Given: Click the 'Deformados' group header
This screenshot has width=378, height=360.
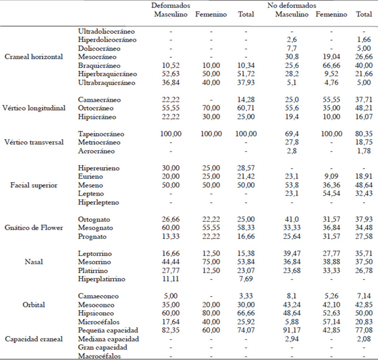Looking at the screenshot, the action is point(171,6).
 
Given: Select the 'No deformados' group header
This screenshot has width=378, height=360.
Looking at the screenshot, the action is point(292,6).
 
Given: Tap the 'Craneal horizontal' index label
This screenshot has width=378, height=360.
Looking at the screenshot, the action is point(34,57).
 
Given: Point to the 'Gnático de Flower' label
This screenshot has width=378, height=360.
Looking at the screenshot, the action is point(34,228).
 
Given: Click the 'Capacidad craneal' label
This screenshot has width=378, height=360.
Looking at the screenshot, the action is point(34,339).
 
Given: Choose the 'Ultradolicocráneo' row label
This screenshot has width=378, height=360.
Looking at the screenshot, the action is point(106,31).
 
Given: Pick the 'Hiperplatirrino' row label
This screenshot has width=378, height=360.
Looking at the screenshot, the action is point(102,279).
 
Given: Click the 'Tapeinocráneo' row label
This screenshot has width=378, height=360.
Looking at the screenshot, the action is point(101,134).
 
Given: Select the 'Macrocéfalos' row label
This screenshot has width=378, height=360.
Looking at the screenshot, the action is point(99,356).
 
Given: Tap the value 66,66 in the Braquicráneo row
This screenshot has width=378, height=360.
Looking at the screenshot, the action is point(331,66).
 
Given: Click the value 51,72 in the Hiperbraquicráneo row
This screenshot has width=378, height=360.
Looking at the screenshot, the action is point(246,74).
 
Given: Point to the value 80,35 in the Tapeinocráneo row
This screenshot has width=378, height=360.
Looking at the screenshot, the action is point(364,134).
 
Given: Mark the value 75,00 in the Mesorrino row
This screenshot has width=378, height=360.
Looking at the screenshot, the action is point(211,262).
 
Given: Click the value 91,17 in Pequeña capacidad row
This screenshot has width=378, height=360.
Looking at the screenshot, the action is point(292,330).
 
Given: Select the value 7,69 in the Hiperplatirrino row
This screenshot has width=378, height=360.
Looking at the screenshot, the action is point(246,279).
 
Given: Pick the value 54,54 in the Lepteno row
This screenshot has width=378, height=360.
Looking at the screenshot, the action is point(331,194).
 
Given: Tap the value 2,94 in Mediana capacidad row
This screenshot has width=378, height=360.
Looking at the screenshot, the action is point(292,339).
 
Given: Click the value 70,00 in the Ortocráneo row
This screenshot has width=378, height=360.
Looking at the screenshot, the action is point(211,108).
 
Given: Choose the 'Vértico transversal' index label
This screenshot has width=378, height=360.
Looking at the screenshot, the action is point(34,142).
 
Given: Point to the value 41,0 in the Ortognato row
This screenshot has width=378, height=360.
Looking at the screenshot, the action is point(292,219).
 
